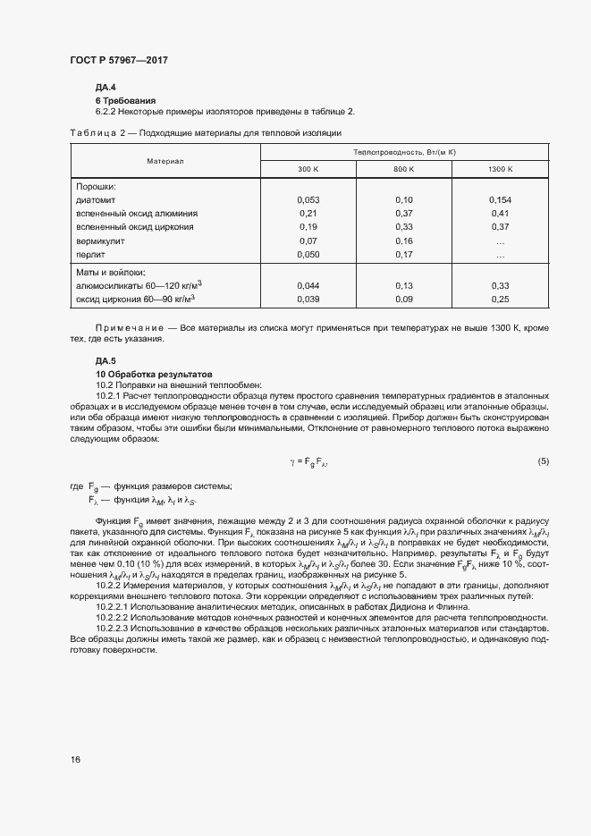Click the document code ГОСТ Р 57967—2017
point(118,60)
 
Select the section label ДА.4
point(106,88)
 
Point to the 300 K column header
point(307,168)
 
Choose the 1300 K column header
point(500,168)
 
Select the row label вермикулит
point(100,241)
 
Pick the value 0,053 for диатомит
point(307,200)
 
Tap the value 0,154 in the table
point(500,200)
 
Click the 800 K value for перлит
point(404,255)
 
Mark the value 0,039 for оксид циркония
point(307,299)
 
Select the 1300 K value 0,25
point(500,299)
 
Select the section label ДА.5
point(106,360)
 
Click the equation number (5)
point(543,460)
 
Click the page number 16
point(75,759)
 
